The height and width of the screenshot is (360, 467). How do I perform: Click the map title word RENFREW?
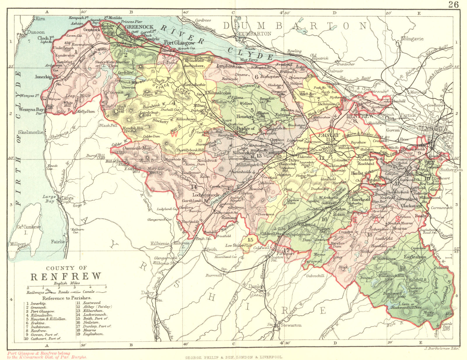(66, 276)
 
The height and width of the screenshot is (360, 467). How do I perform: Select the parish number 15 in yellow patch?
(250, 239)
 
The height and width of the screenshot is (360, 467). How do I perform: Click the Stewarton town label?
(291, 325)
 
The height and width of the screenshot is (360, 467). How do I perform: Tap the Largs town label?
(68, 198)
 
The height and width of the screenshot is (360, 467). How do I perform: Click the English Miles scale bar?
(67, 287)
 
